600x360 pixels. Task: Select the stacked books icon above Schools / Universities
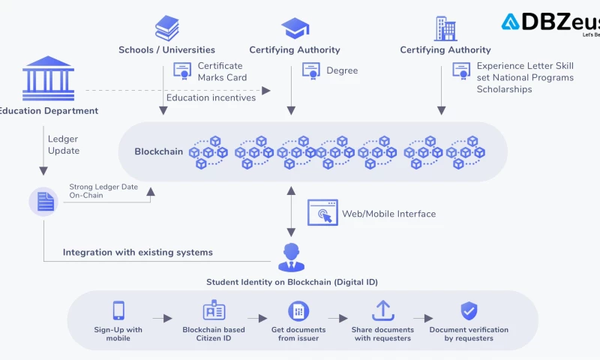(166, 28)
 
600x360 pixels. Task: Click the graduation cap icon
(294, 28)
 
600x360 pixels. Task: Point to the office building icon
(445, 28)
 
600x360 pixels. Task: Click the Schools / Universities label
(166, 50)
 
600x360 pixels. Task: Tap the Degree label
(342, 70)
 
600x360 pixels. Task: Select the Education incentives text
(211, 97)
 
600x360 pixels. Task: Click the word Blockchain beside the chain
(159, 151)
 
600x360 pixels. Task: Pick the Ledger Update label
(63, 145)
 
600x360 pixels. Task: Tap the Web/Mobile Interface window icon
(322, 212)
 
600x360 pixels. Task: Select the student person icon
(292, 257)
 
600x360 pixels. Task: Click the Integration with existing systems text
(138, 253)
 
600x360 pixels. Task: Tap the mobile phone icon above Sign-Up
(118, 310)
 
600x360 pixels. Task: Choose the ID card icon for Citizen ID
(214, 310)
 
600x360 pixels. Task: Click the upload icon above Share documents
(383, 310)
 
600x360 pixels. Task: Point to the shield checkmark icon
(469, 310)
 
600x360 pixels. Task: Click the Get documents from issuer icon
(298, 310)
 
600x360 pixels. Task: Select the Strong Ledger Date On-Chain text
(103, 190)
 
